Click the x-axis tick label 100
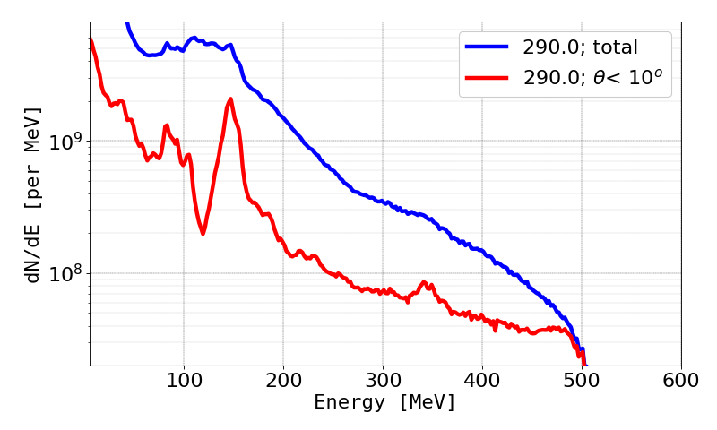coord(184,381)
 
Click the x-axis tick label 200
coord(283,381)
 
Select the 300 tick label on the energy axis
coord(383,381)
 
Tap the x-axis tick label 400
coord(482,381)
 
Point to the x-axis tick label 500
coord(582,381)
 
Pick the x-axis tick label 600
coord(681,381)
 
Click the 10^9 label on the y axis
coord(65,142)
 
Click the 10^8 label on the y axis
coord(65,273)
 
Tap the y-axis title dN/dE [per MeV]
coord(33,194)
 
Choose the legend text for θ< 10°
coord(598,78)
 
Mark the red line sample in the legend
coord(488,78)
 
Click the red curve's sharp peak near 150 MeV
coord(230,99)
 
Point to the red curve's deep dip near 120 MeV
coord(203,233)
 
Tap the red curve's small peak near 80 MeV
coord(166,126)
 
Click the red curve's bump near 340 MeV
coord(424,283)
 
